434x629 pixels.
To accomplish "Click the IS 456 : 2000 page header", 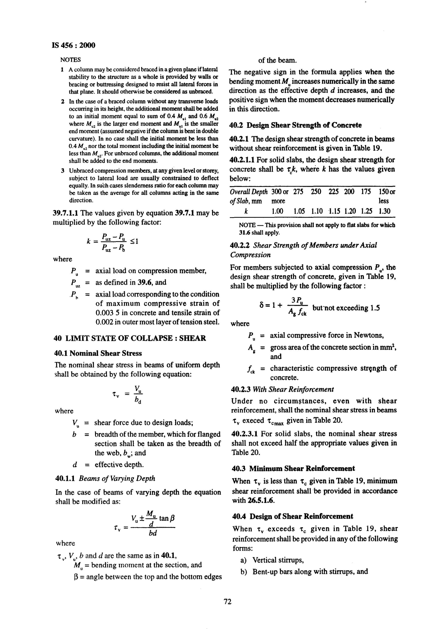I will coord(73,45).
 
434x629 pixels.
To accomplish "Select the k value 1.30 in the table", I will coord(384,211).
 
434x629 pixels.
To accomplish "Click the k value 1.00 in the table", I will coord(277,211).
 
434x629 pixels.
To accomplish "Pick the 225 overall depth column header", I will coord(333,192).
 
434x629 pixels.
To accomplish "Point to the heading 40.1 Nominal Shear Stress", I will coord(98,353).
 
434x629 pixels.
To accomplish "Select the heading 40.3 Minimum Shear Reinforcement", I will coord(293,468).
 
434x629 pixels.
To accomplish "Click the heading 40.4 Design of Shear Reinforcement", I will coord(293,516).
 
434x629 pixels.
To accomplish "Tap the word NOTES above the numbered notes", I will coord(70,60).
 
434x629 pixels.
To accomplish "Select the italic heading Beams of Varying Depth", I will coord(117,478).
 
